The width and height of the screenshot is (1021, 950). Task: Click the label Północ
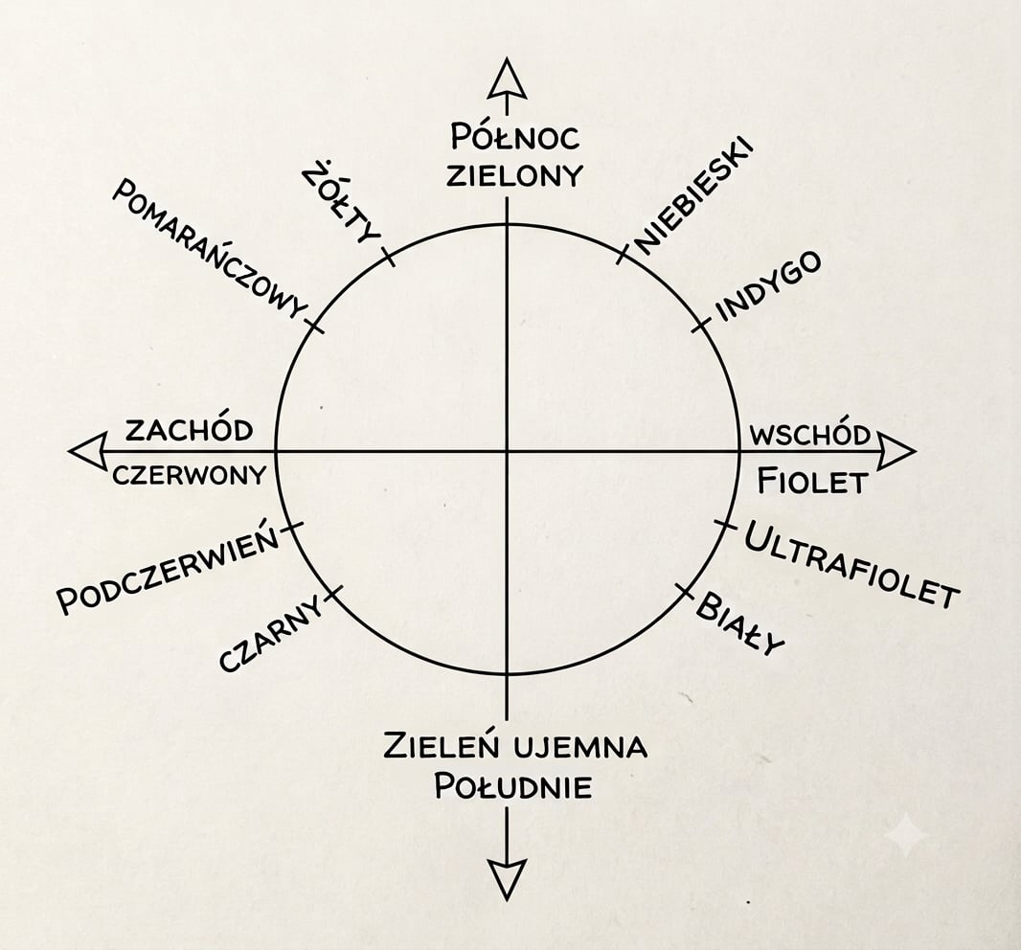tap(514, 137)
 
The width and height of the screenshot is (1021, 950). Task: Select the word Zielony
tap(514, 175)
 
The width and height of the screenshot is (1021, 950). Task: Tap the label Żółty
tap(341, 204)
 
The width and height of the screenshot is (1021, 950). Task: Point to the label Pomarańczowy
tap(210, 249)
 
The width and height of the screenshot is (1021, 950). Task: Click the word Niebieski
tap(693, 195)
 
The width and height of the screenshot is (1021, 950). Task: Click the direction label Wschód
tap(810, 435)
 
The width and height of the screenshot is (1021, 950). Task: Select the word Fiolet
tap(812, 482)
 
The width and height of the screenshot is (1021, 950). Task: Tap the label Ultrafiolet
tap(851, 564)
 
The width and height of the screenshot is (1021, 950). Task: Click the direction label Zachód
tap(189, 430)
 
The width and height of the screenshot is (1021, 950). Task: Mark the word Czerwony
tap(190, 475)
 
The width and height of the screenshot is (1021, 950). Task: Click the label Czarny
tap(271, 634)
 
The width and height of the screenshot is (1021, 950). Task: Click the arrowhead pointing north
tap(508, 79)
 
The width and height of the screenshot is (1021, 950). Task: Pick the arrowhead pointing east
tap(896, 451)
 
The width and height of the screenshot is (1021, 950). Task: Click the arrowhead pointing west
tap(88, 451)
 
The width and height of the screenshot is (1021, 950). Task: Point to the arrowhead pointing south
tap(508, 879)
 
